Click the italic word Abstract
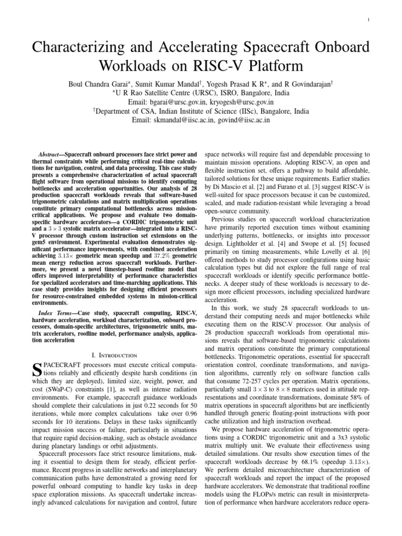pos(51,155)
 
